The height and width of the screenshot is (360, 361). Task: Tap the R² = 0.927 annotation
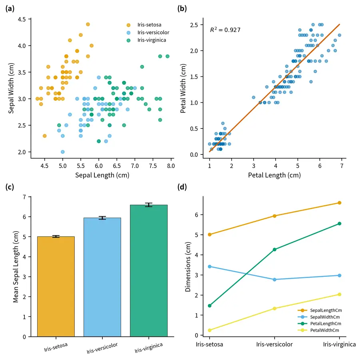coord(225,30)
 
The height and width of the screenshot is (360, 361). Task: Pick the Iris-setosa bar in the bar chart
coord(56,286)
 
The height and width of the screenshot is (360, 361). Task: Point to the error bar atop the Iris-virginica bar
coord(149,205)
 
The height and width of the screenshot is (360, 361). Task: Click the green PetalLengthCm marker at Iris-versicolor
coord(274,250)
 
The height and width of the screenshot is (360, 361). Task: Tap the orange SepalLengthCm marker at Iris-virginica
coord(339,203)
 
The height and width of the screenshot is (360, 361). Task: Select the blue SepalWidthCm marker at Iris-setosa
coord(209,266)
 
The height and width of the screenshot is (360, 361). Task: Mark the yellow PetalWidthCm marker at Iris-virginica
coord(339,294)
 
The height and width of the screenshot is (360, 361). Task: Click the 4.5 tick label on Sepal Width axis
coord(22,19)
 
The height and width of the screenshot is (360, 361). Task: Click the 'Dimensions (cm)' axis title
coord(188,266)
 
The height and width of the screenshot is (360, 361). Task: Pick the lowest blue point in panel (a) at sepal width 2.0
coord(63,152)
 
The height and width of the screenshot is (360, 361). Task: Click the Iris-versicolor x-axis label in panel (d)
coord(274,344)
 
